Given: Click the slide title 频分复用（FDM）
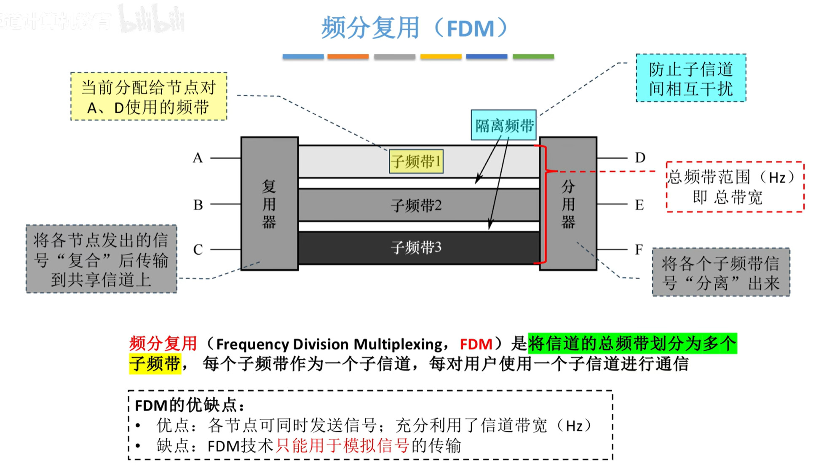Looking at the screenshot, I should pos(415,28).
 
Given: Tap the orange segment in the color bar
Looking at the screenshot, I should pos(348,56).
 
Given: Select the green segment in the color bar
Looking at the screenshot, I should pos(533,56).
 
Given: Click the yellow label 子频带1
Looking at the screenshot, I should pos(416,161).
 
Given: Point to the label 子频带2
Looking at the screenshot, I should pos(416,205).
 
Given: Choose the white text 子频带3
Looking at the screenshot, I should pos(416,248).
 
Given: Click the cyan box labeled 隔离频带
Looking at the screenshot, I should pos(503,125).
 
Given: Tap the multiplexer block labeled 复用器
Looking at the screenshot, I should pos(269,204).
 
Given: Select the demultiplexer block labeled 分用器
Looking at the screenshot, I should pos(568,204).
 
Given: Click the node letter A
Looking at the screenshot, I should pos(198,158).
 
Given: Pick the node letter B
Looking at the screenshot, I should pos(198,205).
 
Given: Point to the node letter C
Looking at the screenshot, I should pos(198,250).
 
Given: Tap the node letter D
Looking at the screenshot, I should pos(640,158).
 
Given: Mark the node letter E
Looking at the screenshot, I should pos(639,205).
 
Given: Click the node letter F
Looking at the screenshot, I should pos(639,250).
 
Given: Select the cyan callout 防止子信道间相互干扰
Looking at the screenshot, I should pos(690,78).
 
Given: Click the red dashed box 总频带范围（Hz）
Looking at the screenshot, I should pos(735,187).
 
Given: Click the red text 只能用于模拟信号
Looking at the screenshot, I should pos(342,445).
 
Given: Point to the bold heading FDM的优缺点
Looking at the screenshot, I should pos(190,405).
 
